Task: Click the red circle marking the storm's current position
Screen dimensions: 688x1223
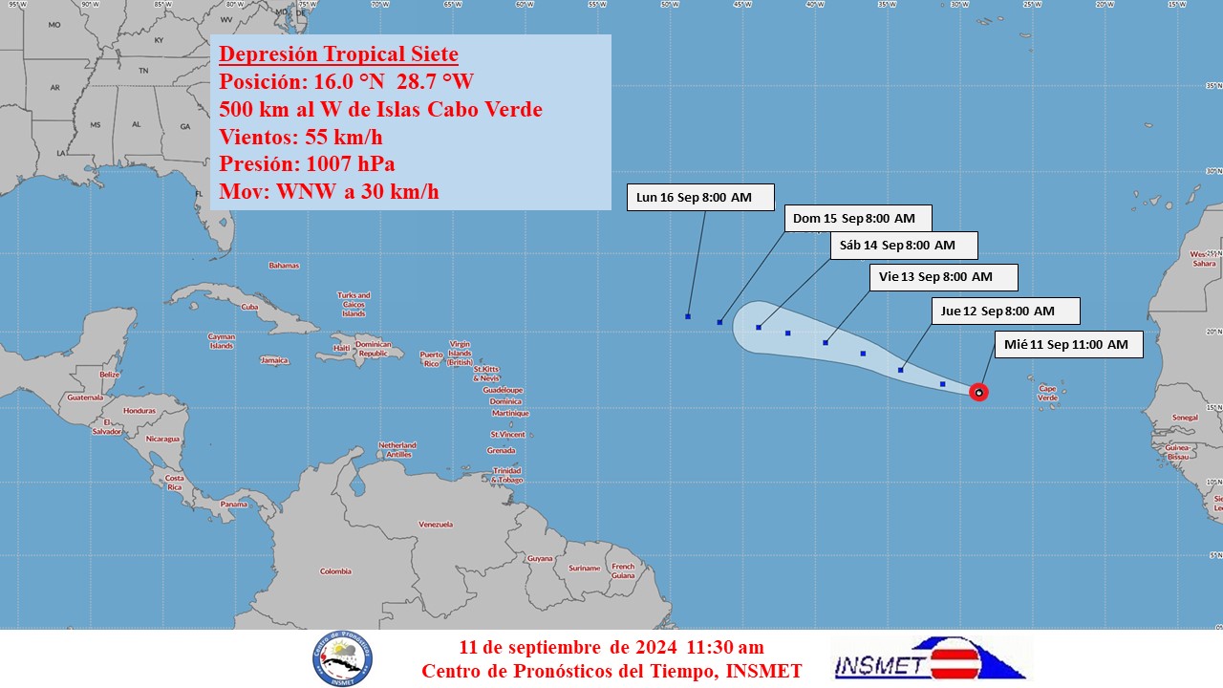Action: (978, 392)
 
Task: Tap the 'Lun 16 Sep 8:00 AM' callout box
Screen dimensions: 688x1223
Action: (695, 198)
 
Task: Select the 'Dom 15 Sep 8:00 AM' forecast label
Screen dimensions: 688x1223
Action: (854, 219)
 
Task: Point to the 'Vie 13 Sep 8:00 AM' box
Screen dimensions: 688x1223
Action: (942, 277)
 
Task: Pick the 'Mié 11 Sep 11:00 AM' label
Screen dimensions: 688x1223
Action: (1066, 344)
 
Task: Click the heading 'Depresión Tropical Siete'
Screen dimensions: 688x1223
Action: (338, 54)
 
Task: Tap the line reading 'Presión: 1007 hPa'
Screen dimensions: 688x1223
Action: (307, 163)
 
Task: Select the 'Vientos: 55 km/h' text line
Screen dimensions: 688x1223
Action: (300, 137)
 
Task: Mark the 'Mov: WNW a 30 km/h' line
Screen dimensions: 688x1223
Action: (329, 191)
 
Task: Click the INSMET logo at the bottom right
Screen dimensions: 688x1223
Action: (930, 659)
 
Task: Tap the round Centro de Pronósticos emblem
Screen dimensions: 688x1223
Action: (342, 659)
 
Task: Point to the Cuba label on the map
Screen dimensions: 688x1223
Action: (250, 307)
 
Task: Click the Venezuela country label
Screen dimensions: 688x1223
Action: (436, 524)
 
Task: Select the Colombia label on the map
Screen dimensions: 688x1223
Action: (335, 571)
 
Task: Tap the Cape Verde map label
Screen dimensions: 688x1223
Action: (1047, 393)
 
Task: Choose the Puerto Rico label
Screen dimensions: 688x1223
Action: (431, 358)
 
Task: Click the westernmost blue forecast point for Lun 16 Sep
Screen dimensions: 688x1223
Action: (688, 316)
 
